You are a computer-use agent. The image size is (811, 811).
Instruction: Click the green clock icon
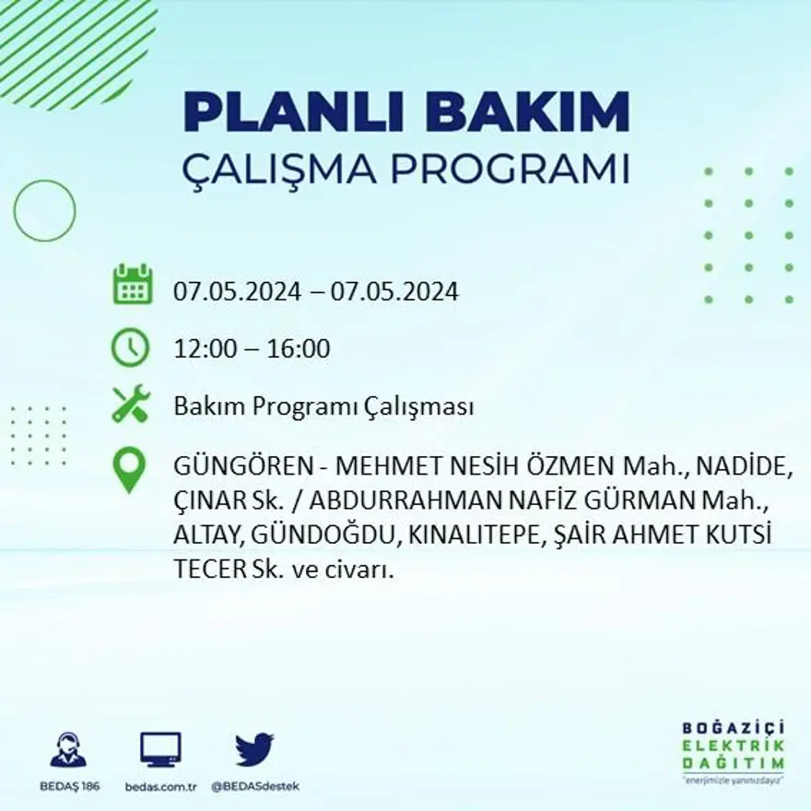(130, 347)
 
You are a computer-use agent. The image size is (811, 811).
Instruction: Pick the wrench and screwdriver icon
(130, 404)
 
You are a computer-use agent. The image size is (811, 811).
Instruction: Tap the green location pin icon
(129, 469)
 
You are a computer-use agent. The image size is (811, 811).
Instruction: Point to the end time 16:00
(299, 349)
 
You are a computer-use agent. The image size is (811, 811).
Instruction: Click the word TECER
(208, 570)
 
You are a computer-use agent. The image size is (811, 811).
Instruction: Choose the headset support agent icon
(68, 750)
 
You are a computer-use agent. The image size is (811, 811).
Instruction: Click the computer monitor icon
(160, 749)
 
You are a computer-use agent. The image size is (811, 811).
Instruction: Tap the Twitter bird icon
(254, 748)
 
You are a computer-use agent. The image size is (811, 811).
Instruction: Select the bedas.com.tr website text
(160, 786)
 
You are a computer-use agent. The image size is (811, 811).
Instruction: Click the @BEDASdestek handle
(255, 786)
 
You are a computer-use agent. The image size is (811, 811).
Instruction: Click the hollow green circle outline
(44, 211)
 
